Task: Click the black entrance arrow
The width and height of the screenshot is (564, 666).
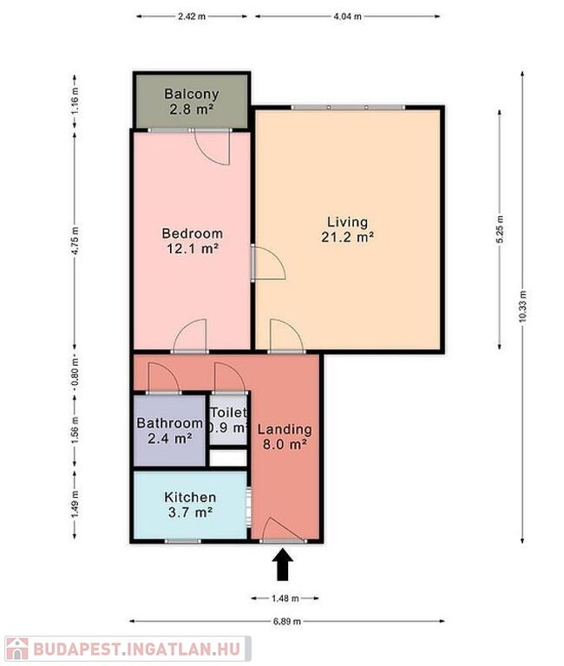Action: pyautogui.click(x=282, y=565)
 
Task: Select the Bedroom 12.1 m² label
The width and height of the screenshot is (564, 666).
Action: pyautogui.click(x=192, y=240)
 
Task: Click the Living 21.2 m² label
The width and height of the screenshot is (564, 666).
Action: pyautogui.click(x=348, y=229)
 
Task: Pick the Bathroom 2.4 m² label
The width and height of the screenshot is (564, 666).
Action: pyautogui.click(x=169, y=430)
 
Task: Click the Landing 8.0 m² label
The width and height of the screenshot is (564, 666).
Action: pyautogui.click(x=285, y=437)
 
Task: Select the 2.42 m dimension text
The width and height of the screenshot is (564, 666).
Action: pyautogui.click(x=192, y=16)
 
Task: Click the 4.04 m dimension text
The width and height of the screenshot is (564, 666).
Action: pyautogui.click(x=348, y=16)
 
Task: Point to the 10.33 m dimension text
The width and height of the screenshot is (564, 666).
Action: pyautogui.click(x=522, y=306)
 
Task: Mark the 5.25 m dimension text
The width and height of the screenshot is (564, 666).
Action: pyautogui.click(x=500, y=229)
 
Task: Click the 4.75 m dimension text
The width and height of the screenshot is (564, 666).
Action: pyautogui.click(x=75, y=241)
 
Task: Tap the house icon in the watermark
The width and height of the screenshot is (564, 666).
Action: pyautogui.click(x=16, y=650)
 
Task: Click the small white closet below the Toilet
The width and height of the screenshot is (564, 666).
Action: pyautogui.click(x=228, y=458)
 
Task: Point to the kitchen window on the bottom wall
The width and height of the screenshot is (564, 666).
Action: pyautogui.click(x=183, y=541)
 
